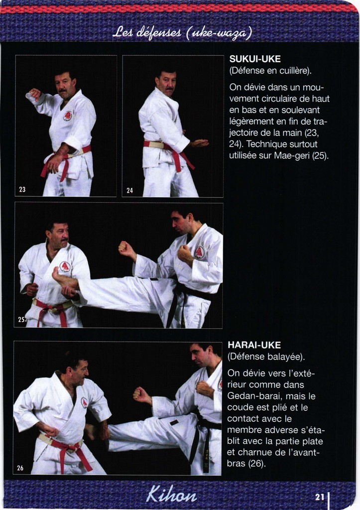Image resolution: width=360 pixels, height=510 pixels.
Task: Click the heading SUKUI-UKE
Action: click(x=255, y=59)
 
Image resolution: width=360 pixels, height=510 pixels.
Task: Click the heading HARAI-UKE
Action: click(x=254, y=345)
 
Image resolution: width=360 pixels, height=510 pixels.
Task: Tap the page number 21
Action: click(x=320, y=497)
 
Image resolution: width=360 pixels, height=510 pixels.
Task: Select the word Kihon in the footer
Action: click(x=171, y=495)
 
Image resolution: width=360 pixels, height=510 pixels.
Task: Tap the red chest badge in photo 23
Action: click(x=68, y=116)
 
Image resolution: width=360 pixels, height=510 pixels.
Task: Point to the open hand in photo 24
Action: click(x=199, y=143)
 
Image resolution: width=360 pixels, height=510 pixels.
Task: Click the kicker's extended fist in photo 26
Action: click(x=141, y=394)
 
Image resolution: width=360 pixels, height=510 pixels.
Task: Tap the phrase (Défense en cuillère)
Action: click(x=270, y=71)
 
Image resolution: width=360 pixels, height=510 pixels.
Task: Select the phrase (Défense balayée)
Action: click(x=266, y=357)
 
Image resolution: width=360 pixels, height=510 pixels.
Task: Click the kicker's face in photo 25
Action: click(x=180, y=223)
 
